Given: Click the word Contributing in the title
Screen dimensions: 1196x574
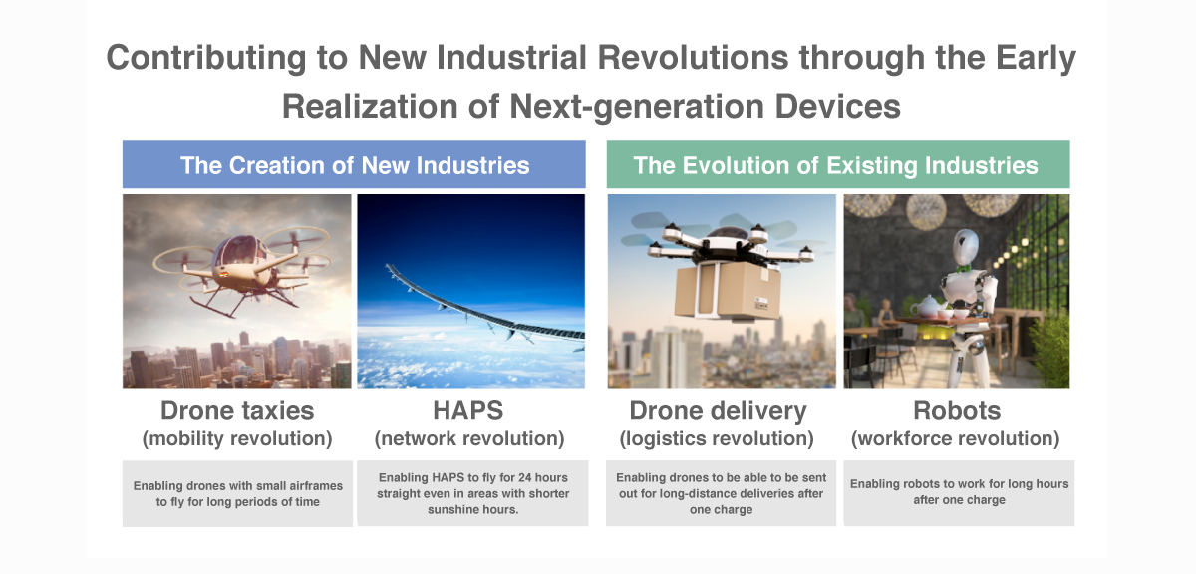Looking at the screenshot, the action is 206,58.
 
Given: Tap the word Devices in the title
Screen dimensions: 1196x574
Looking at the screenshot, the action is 837,107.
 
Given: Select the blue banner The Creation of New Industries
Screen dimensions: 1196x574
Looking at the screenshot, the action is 354,164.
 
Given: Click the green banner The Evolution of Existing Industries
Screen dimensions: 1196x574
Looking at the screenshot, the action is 838,164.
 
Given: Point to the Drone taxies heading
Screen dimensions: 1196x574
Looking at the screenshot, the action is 237,411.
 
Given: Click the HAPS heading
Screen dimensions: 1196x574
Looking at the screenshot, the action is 468,411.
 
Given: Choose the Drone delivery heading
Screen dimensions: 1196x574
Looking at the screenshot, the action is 718,411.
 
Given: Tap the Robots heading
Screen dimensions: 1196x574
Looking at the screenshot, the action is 957,411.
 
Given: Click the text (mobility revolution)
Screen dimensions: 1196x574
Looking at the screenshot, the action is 237,438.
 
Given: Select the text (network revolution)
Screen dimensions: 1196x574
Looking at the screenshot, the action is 469,438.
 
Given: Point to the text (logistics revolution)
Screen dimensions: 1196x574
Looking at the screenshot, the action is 717,438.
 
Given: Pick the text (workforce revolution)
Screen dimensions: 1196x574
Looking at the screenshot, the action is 955,438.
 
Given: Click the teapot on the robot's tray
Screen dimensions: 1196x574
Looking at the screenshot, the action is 925,306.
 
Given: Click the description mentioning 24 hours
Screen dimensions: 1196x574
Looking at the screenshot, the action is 472,493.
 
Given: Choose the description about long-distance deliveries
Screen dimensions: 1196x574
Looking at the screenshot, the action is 721,493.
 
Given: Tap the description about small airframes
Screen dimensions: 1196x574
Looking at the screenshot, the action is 237,494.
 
